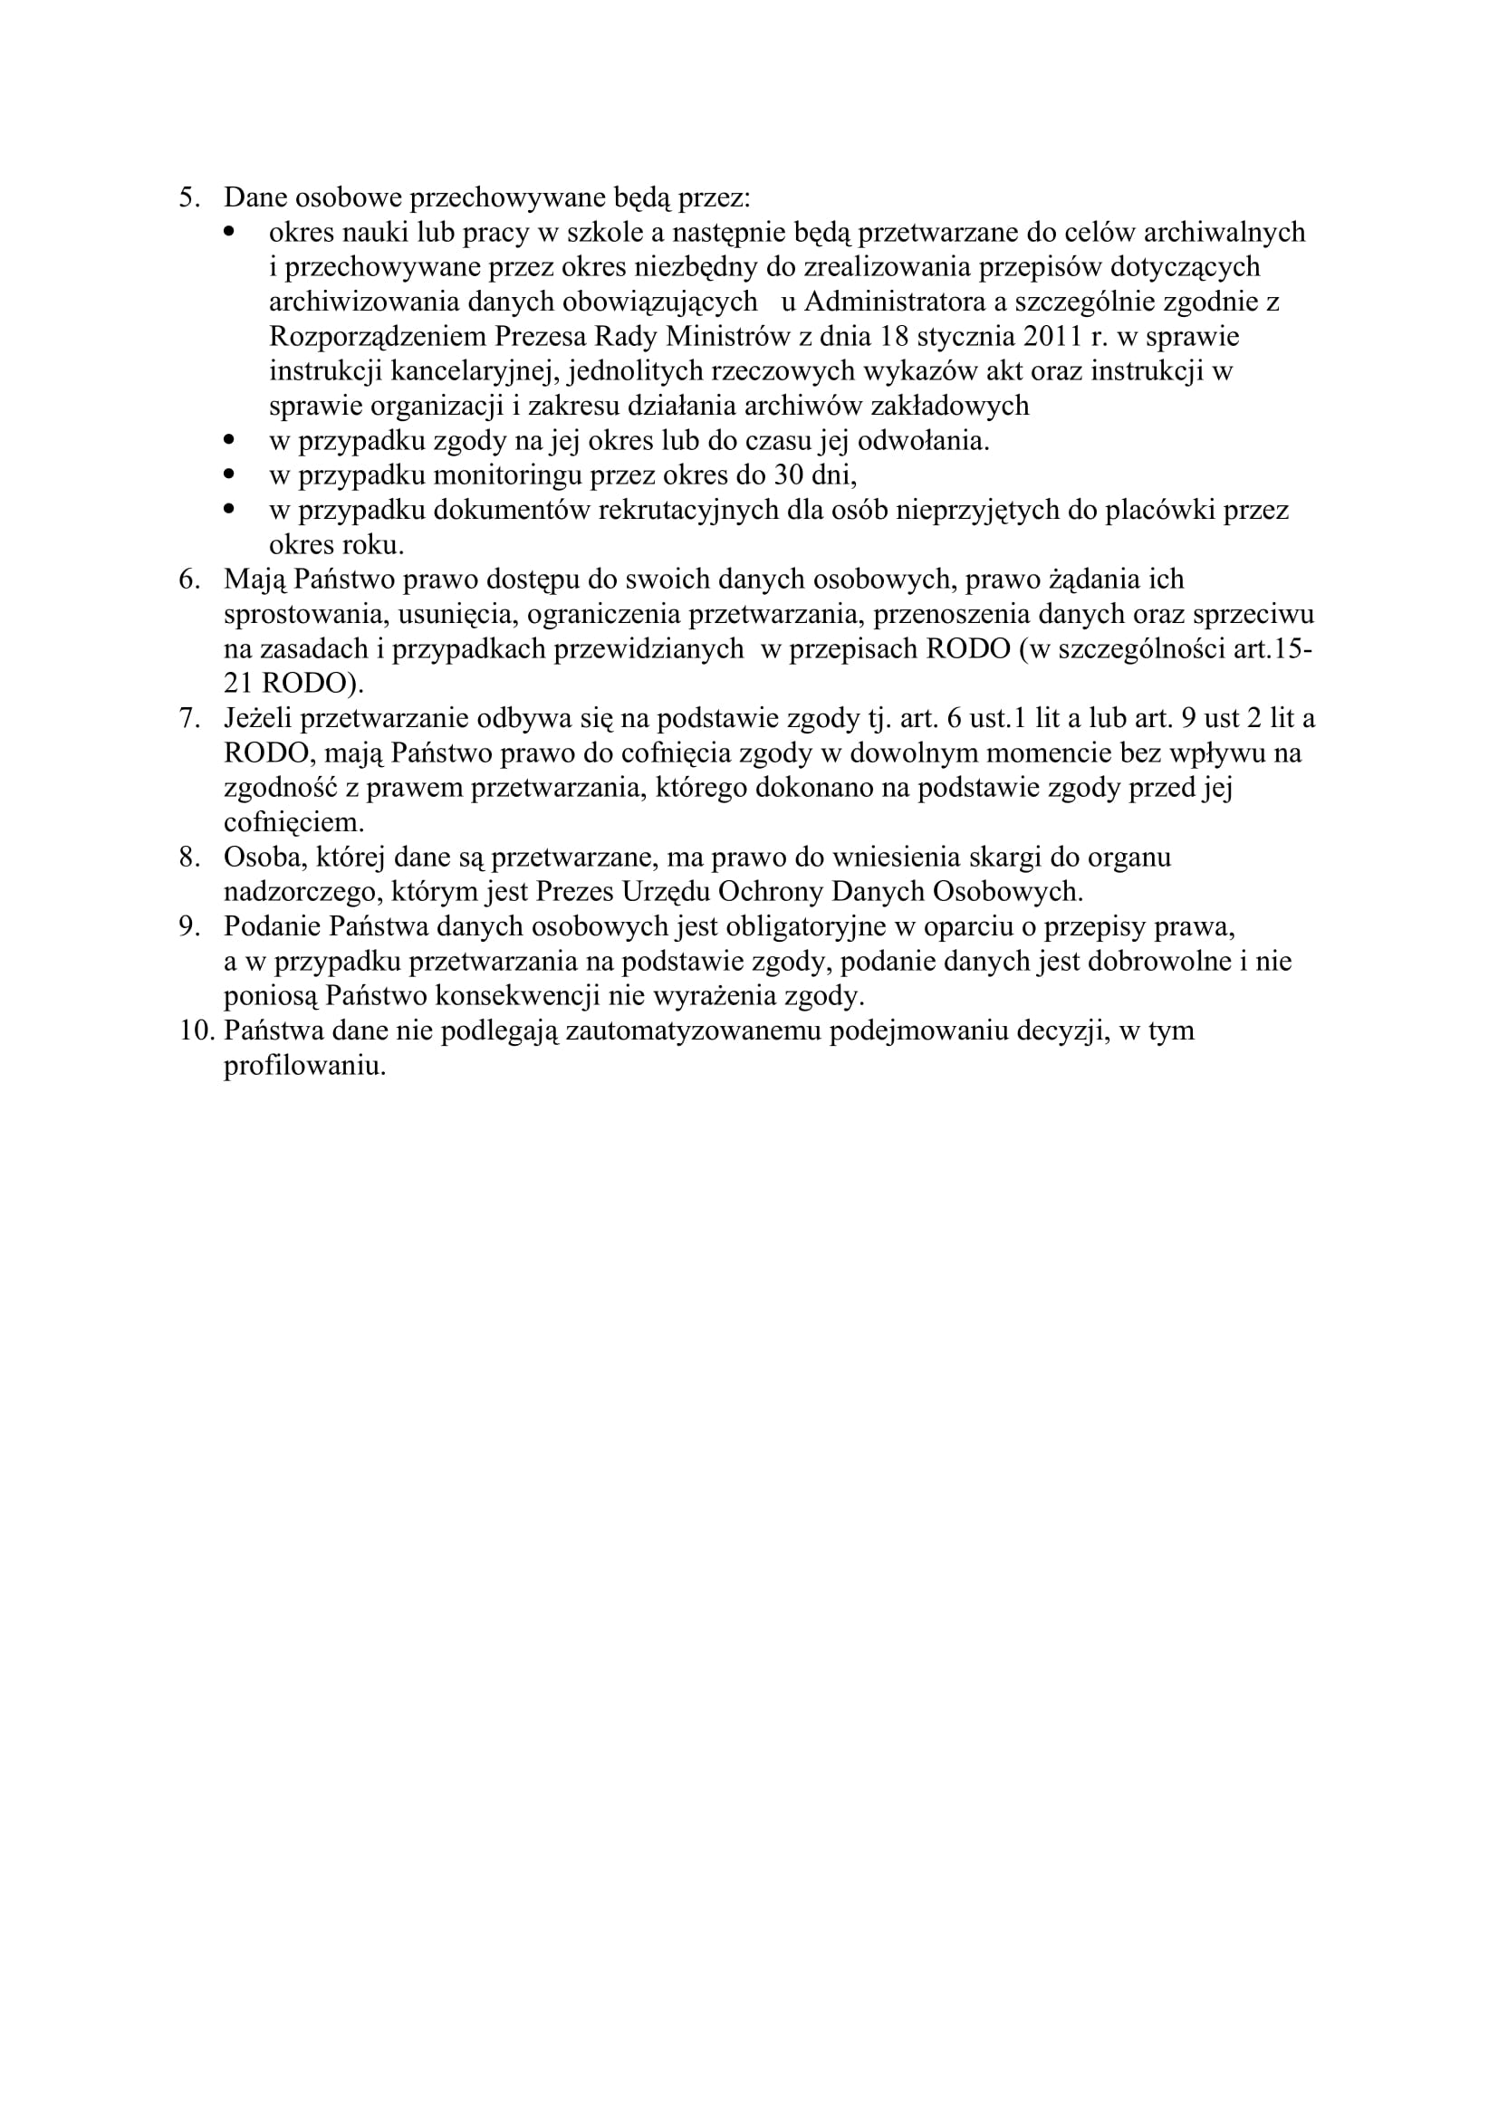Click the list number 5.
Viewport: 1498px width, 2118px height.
click(x=187, y=198)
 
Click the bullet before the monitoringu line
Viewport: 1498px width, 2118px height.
click(x=231, y=474)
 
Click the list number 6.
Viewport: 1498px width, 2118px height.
click(x=187, y=580)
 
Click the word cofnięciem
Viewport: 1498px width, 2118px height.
click(x=293, y=823)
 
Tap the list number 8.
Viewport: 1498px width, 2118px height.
click(x=187, y=858)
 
